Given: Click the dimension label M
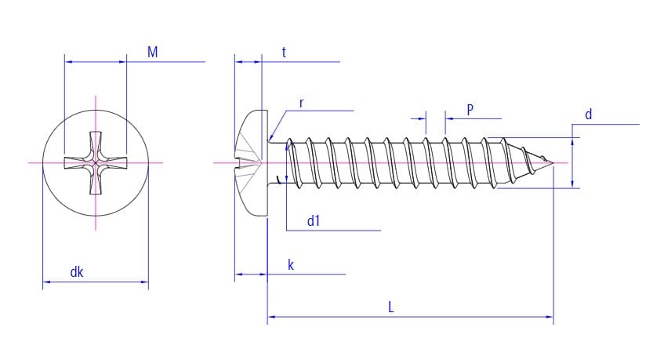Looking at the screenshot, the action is click(x=152, y=52).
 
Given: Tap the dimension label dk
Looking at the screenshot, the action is click(x=77, y=272).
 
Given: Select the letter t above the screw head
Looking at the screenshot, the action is click(x=284, y=53).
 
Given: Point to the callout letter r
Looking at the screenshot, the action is click(x=302, y=104).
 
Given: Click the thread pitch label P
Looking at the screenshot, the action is click(x=470, y=110).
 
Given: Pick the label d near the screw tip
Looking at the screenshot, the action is click(x=589, y=115).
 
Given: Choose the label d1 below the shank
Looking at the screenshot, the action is click(x=314, y=221).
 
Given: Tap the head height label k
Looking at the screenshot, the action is click(x=291, y=265).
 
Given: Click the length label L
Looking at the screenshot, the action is click(x=390, y=307).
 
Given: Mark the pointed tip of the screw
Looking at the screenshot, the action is click(x=553, y=162).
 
